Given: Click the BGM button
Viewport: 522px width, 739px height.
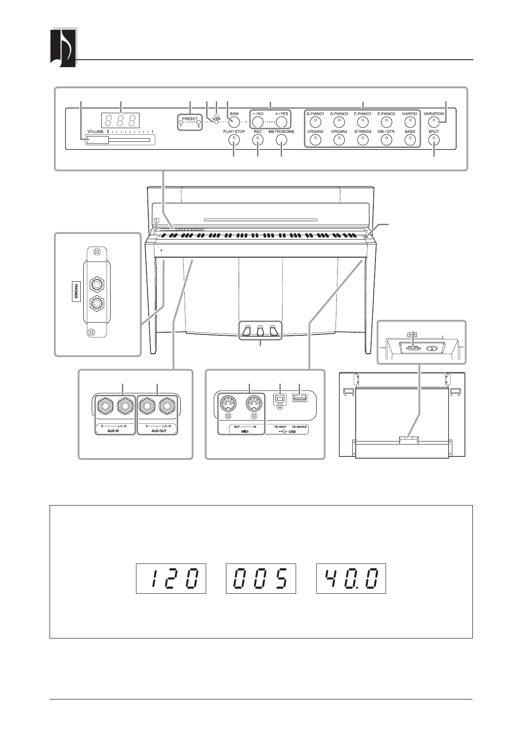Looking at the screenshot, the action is (234, 122).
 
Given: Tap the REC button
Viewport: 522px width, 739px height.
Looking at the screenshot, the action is (257, 140).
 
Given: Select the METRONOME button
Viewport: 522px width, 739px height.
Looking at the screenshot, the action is (281, 140).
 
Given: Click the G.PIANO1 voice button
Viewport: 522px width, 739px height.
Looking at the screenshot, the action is (315, 122).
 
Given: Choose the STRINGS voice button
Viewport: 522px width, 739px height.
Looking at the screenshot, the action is (362, 140).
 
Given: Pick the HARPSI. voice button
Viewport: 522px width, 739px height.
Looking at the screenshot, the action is (410, 122).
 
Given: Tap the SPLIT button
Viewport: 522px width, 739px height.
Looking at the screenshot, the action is (434, 140).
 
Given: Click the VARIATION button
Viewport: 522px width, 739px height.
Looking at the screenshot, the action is (434, 122).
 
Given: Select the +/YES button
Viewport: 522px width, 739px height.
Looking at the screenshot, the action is (282, 122).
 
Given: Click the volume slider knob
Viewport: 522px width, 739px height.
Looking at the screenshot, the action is (97, 140).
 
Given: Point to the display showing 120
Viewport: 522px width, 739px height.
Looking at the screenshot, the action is (172, 579).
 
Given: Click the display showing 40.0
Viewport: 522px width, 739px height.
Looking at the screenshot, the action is (351, 579).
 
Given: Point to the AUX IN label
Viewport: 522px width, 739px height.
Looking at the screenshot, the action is (114, 431).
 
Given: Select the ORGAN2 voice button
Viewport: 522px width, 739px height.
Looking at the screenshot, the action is (339, 140).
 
